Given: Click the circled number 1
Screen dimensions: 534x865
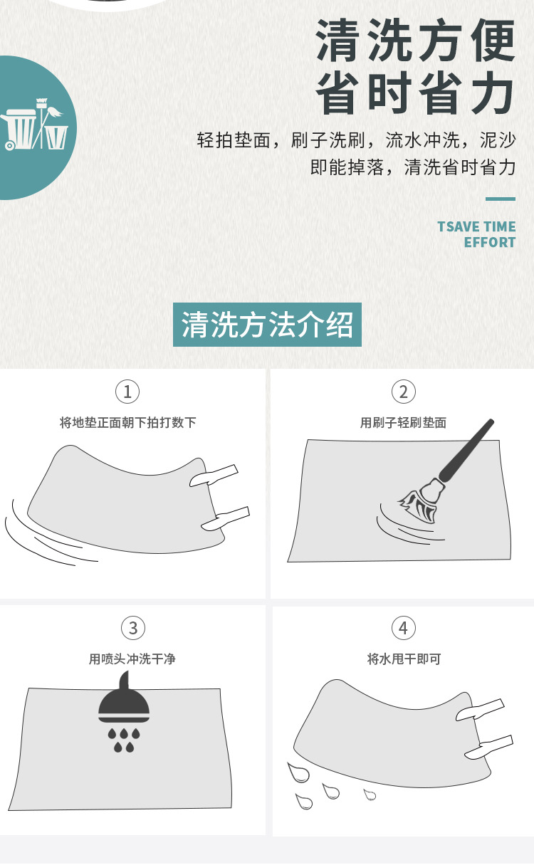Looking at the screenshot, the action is (x=127, y=392).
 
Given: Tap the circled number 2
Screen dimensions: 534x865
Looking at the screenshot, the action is (x=404, y=392).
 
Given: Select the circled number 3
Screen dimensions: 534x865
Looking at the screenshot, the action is (x=133, y=628).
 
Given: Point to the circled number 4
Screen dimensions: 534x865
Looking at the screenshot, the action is (x=404, y=628).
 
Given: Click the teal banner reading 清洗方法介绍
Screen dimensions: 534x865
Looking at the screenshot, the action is (x=267, y=325).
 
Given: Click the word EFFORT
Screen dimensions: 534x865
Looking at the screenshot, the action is (x=490, y=243).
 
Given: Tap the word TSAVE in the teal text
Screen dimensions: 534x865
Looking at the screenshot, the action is (x=458, y=226).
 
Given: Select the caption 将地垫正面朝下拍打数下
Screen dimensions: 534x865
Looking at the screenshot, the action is (x=128, y=422).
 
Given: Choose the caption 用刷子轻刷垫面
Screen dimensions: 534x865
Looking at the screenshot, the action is (x=404, y=422).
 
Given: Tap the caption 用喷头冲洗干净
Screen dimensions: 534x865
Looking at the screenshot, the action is (x=132, y=659).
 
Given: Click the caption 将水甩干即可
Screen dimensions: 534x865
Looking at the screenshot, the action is (x=404, y=659).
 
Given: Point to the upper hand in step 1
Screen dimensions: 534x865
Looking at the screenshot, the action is (x=214, y=476).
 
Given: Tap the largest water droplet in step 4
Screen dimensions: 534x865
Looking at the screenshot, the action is (x=298, y=772).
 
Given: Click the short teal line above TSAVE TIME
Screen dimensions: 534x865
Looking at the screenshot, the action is (x=501, y=199).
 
